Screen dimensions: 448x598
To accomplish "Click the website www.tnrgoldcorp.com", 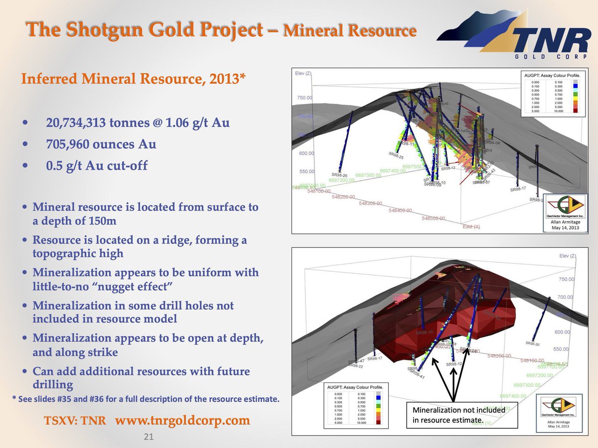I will coord(182,420).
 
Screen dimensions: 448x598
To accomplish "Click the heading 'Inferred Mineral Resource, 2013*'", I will coord(133,79).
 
